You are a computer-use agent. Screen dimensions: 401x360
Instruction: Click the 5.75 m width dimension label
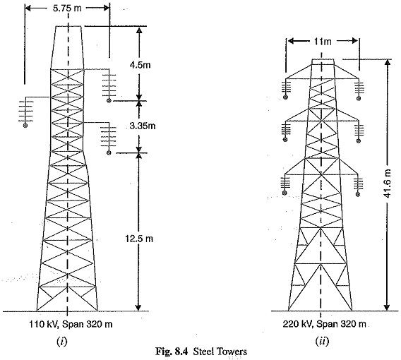(x=67, y=8)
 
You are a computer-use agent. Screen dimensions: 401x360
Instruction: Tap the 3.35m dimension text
(x=142, y=126)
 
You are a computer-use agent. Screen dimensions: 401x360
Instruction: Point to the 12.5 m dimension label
(x=139, y=239)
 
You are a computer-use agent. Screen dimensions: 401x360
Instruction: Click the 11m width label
(x=323, y=41)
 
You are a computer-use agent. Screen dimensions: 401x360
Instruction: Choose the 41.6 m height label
(x=388, y=184)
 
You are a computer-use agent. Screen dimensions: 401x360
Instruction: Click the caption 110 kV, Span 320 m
(x=71, y=324)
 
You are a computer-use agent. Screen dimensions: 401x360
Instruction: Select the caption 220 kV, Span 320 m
(x=324, y=324)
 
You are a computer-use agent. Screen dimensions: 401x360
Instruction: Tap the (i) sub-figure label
(x=62, y=341)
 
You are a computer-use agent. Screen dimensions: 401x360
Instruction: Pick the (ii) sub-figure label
(x=322, y=341)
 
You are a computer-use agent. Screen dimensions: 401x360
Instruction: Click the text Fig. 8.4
(x=172, y=352)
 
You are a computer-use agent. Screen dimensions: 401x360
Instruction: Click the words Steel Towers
(x=220, y=352)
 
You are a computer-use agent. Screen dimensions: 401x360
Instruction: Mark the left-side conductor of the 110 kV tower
(x=25, y=125)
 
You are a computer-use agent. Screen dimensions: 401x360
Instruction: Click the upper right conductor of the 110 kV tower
(x=109, y=100)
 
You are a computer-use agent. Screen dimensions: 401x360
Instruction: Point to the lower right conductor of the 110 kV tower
(x=109, y=152)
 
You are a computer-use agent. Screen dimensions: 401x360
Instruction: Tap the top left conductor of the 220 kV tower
(x=285, y=97)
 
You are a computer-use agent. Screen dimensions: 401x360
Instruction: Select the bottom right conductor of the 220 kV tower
(x=358, y=194)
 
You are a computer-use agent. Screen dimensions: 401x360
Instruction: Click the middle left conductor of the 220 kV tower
(x=285, y=139)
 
